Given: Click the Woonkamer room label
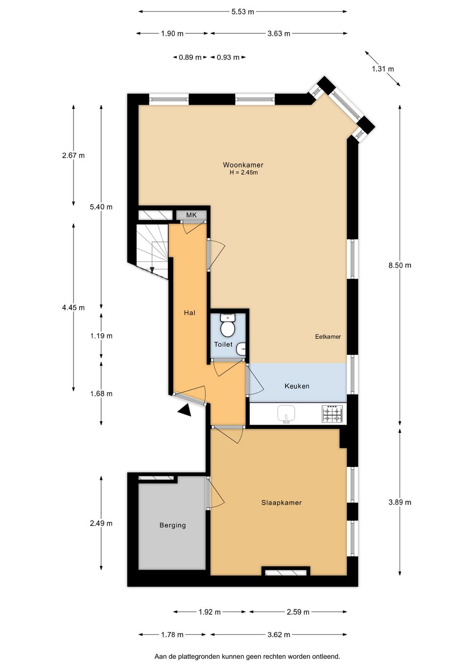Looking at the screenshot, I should pyautogui.click(x=243, y=165).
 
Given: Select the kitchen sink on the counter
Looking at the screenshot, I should pyautogui.click(x=286, y=414).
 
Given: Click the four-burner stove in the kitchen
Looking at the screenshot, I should pyautogui.click(x=332, y=414).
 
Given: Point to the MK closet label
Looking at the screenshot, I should pyautogui.click(x=191, y=215).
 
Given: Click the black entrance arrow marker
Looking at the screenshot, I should pyautogui.click(x=185, y=410).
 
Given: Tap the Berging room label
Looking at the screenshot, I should pyautogui.click(x=173, y=525).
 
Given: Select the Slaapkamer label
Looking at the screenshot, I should pyautogui.click(x=282, y=503).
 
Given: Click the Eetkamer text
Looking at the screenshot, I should pyautogui.click(x=328, y=337).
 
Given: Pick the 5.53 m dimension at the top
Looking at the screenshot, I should pyautogui.click(x=243, y=12).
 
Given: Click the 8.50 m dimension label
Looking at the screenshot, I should pyautogui.click(x=400, y=265).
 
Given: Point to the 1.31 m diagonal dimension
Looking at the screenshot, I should pyautogui.click(x=383, y=69).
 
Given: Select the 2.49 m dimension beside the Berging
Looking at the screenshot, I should pyautogui.click(x=101, y=523).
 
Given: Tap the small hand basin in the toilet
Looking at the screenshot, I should pyautogui.click(x=242, y=349).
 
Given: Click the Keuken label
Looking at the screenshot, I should pyautogui.click(x=297, y=386).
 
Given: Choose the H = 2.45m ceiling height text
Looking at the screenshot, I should pyautogui.click(x=244, y=173).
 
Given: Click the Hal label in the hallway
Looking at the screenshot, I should pyautogui.click(x=190, y=313).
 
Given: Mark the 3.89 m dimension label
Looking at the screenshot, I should pyautogui.click(x=400, y=502).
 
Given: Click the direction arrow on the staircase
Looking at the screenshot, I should pyautogui.click(x=152, y=270).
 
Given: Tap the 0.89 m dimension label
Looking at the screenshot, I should pyautogui.click(x=190, y=57).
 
